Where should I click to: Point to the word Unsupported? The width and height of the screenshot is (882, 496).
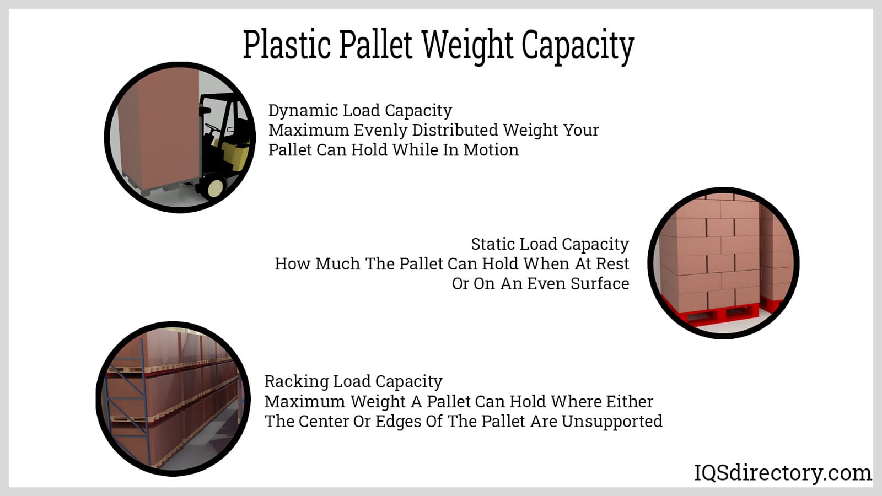point(612,422)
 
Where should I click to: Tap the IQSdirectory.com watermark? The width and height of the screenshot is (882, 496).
point(783,473)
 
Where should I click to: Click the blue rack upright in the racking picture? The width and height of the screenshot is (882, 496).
point(146,402)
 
